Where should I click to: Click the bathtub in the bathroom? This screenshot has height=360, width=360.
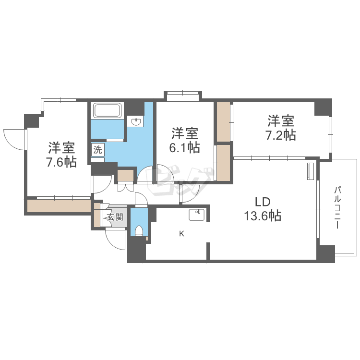(107, 111)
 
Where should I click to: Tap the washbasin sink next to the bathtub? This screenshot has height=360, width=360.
(137, 121)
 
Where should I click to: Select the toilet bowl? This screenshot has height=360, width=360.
(139, 231)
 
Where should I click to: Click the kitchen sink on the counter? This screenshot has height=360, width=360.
(196, 215)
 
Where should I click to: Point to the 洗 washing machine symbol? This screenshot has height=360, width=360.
(98, 150)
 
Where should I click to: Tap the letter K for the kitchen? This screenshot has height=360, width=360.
(181, 234)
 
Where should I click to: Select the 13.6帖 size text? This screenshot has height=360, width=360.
(263, 216)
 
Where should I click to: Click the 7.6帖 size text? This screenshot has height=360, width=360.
(61, 163)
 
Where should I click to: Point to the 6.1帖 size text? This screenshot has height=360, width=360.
(185, 148)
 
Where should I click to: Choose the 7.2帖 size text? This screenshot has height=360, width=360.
(281, 135)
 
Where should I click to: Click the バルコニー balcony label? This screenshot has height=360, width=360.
(337, 208)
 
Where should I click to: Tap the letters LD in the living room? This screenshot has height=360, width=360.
(263, 202)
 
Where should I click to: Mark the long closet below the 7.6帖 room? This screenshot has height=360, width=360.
(59, 206)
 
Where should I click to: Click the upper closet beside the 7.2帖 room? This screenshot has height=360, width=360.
(223, 122)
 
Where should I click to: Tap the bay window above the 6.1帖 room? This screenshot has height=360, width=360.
(183, 96)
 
